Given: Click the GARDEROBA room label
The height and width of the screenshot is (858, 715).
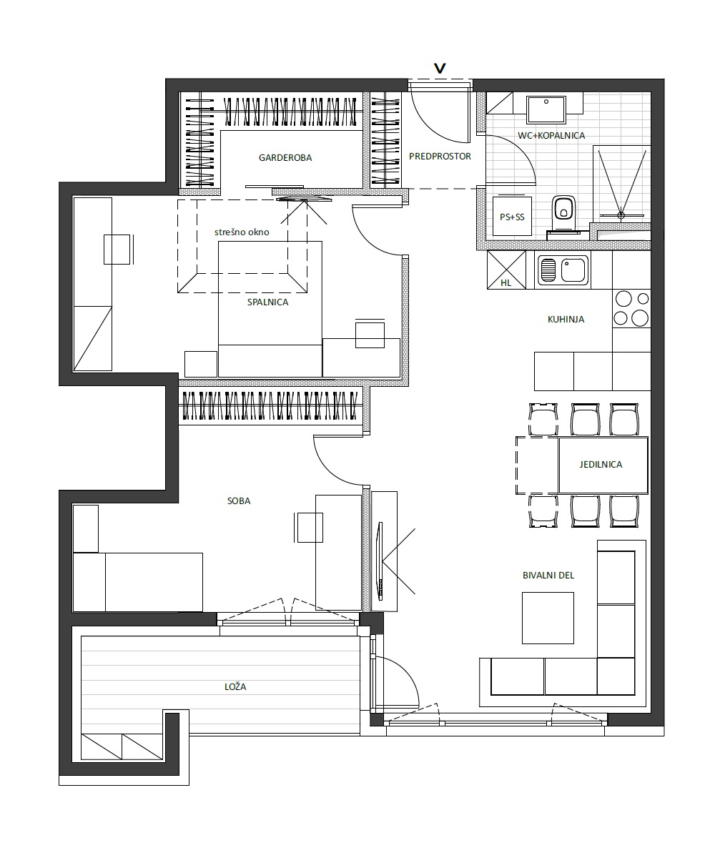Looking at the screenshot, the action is [285, 157].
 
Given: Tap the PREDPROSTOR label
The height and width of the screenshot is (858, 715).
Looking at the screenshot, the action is [440, 156].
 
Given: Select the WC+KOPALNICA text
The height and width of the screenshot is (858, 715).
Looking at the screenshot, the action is [551, 135].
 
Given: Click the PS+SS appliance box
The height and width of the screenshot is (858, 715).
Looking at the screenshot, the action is [512, 217].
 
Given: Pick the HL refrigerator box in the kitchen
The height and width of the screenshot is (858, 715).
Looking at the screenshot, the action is [506, 270].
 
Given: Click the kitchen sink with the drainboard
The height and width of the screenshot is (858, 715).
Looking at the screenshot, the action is [563, 270].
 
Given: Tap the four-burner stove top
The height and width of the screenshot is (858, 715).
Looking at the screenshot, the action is [631, 309].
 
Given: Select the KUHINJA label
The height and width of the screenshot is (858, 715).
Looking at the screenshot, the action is [566, 320].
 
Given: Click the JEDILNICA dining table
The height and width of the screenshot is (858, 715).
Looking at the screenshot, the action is [603, 465].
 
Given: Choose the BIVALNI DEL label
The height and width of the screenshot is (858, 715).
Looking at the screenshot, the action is [548, 576].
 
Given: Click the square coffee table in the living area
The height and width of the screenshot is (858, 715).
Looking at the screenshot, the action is [548, 618].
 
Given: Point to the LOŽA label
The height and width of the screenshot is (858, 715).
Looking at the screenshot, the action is [235, 686].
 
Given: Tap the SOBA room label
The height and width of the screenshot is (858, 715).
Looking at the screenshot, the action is [239, 500].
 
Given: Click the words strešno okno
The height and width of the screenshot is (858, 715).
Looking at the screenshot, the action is [242, 232].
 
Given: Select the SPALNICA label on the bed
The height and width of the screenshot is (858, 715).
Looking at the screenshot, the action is [267, 302].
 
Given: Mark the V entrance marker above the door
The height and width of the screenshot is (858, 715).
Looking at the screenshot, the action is [440, 68].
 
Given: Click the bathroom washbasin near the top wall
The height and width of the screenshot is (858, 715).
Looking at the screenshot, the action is [546, 109].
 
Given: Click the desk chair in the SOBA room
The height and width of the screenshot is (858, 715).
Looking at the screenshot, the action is [309, 527].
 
